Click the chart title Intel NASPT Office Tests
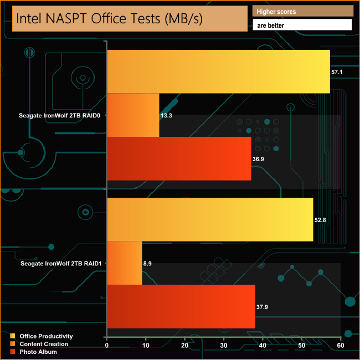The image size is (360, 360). click(125, 18)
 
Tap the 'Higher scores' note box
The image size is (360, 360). click(302, 11)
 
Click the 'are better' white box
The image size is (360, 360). click(302, 25)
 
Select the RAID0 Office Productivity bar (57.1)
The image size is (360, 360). click(218, 71)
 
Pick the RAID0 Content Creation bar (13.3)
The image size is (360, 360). click(133, 115)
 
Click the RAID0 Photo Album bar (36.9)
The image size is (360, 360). click(179, 158)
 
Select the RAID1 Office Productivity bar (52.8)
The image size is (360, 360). click(210, 219)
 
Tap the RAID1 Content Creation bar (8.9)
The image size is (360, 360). click(125, 263)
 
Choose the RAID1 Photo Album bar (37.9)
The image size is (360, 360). click(181, 306)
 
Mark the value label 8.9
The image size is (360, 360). click(148, 264)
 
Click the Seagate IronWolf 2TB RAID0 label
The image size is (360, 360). click(61, 116)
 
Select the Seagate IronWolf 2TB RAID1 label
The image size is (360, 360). click(61, 264)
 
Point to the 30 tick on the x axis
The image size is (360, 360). click(224, 346)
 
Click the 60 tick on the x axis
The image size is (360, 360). click(340, 346)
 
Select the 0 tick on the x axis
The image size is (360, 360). click(107, 346)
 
